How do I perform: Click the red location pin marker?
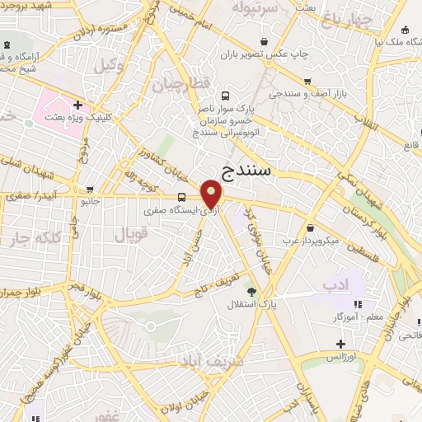click(x=212, y=195)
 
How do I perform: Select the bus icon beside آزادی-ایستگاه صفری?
click(x=181, y=196)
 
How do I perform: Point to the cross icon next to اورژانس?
click(x=340, y=343)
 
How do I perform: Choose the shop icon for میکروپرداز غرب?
click(x=310, y=227)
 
